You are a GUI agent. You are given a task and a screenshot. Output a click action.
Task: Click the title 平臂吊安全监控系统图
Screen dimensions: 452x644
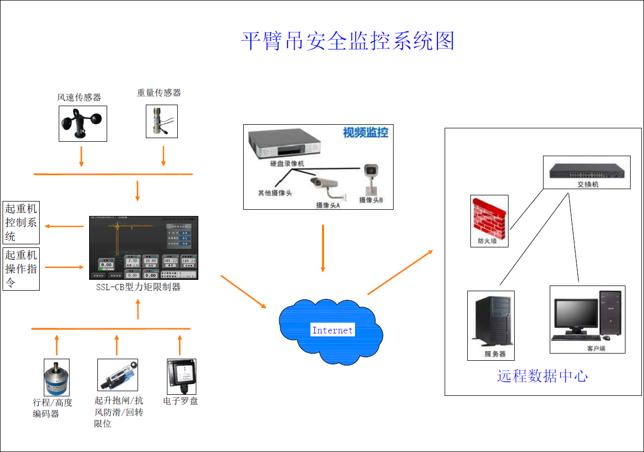[348, 41]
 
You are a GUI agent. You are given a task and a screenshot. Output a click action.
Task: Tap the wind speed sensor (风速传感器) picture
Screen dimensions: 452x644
[82, 124]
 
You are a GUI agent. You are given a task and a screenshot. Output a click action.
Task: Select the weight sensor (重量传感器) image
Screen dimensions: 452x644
[161, 122]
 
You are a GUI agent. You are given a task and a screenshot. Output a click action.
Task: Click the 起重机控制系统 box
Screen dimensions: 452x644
[21, 223]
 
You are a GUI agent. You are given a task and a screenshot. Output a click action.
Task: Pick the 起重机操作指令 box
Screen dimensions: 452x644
[21, 269]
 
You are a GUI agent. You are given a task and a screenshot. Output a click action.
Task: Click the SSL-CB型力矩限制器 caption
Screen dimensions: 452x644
[138, 287]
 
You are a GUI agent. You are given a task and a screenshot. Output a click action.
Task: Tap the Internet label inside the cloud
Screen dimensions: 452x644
[332, 330]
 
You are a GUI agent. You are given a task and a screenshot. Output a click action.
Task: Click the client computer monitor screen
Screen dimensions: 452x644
[577, 315]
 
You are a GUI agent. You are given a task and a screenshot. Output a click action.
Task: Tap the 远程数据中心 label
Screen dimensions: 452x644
[542, 376]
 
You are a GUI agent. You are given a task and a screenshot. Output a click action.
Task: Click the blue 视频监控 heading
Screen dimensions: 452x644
[366, 133]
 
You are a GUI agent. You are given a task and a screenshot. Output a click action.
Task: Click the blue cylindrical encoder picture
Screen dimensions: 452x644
[57, 377]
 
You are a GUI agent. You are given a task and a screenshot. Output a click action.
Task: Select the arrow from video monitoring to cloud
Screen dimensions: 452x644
[323, 247]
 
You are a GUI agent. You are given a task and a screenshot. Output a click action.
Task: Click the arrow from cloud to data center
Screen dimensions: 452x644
[400, 272]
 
